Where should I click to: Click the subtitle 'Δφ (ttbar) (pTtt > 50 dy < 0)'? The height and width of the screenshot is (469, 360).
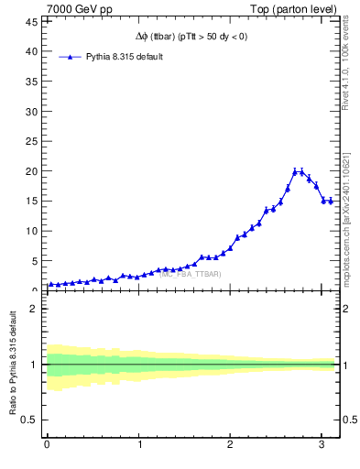click(190, 38)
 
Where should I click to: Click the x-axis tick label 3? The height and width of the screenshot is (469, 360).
click(322, 444)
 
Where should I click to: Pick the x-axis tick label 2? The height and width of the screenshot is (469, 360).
click(230, 444)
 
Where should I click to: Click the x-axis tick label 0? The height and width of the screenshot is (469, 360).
click(47, 444)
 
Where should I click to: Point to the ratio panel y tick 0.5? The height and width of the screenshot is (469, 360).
click(29, 420)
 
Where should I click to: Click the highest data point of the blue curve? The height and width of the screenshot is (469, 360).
click(295, 171)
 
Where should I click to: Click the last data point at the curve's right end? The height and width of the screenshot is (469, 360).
click(331, 201)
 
